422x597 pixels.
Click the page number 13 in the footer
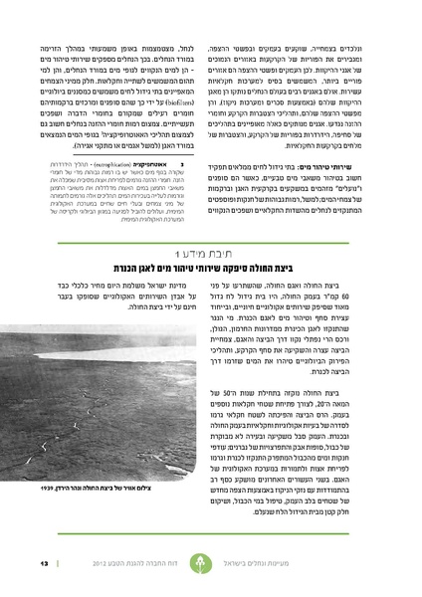pos(43,564)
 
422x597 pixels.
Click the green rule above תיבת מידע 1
pos(211,236)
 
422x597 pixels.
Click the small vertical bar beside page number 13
pos(54,564)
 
